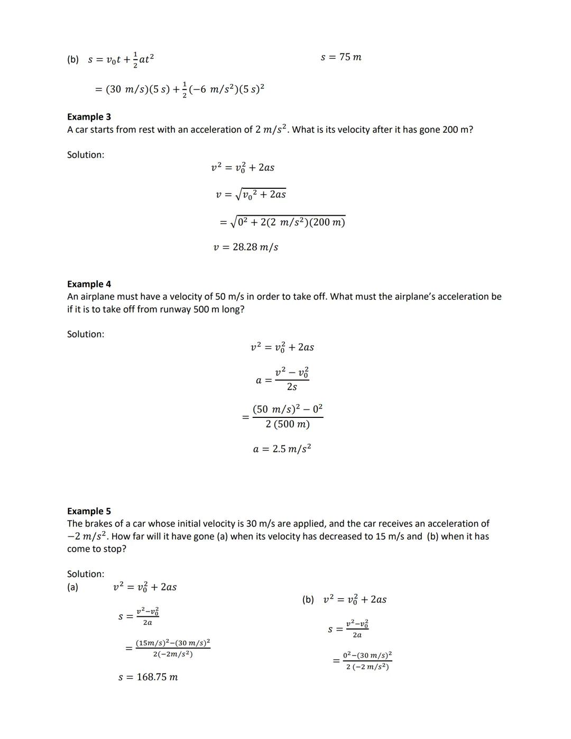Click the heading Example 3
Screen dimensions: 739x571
[x=89, y=117]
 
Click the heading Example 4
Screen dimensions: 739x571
[x=89, y=284]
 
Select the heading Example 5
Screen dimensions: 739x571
[x=89, y=511]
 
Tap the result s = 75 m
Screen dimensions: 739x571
[x=341, y=57]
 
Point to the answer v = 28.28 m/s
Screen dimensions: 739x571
[x=246, y=247]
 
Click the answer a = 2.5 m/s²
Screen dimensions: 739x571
[x=282, y=449]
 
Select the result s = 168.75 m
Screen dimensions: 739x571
[x=148, y=677]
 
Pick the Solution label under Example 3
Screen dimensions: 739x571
[x=86, y=155]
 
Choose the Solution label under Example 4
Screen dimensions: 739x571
[x=86, y=334]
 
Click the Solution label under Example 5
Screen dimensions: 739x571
[x=86, y=574]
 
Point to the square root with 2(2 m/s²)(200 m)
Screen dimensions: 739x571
[x=288, y=222]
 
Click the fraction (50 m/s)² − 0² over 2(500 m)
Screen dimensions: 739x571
[x=288, y=417]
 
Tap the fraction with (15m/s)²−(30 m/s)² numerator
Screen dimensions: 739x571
[x=173, y=649]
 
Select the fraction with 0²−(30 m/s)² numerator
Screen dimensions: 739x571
[x=367, y=661]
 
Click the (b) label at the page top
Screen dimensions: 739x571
[x=73, y=60]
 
